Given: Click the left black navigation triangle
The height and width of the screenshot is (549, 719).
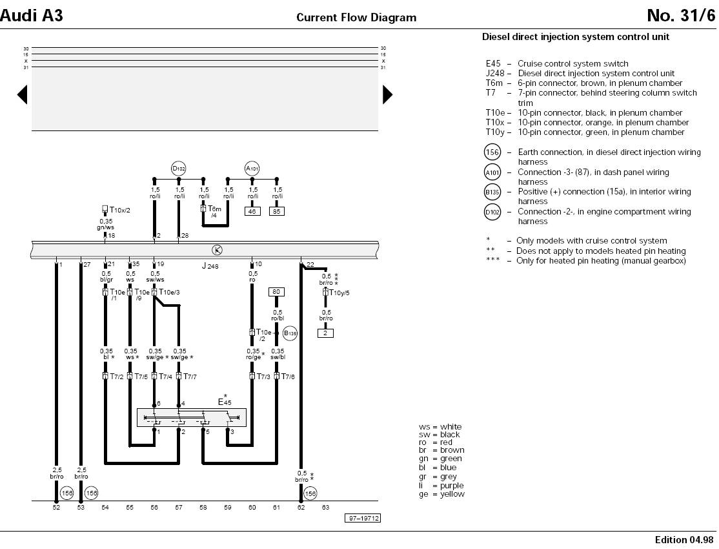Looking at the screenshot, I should [x=23, y=95].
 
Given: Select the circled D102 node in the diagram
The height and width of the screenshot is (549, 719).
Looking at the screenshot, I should [x=179, y=169].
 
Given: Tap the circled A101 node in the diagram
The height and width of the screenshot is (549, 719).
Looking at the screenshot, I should [x=252, y=169].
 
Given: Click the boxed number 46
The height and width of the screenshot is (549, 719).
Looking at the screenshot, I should [x=252, y=211].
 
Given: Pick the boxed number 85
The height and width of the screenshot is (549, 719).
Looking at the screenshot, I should [x=276, y=211].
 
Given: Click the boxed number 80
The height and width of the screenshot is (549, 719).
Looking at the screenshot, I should [x=276, y=292].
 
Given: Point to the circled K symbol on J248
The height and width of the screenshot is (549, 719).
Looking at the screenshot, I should [x=217, y=249].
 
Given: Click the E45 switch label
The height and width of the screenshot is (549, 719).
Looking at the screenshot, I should [x=224, y=401].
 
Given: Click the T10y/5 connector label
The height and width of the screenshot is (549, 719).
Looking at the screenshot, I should [x=338, y=293].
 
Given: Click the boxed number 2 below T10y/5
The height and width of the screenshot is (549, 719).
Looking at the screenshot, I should [x=325, y=333].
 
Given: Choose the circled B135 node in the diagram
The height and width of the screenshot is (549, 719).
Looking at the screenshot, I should [x=290, y=333].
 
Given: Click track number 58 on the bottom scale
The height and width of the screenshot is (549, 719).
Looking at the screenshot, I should [x=203, y=508].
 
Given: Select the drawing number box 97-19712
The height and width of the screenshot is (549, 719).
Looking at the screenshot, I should [x=362, y=518].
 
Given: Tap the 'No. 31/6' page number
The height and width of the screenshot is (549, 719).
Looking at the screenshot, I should [x=681, y=16].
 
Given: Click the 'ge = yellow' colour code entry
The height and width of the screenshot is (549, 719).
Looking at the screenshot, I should [x=441, y=494].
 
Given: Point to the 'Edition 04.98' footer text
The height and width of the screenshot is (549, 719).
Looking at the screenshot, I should [x=685, y=539].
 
